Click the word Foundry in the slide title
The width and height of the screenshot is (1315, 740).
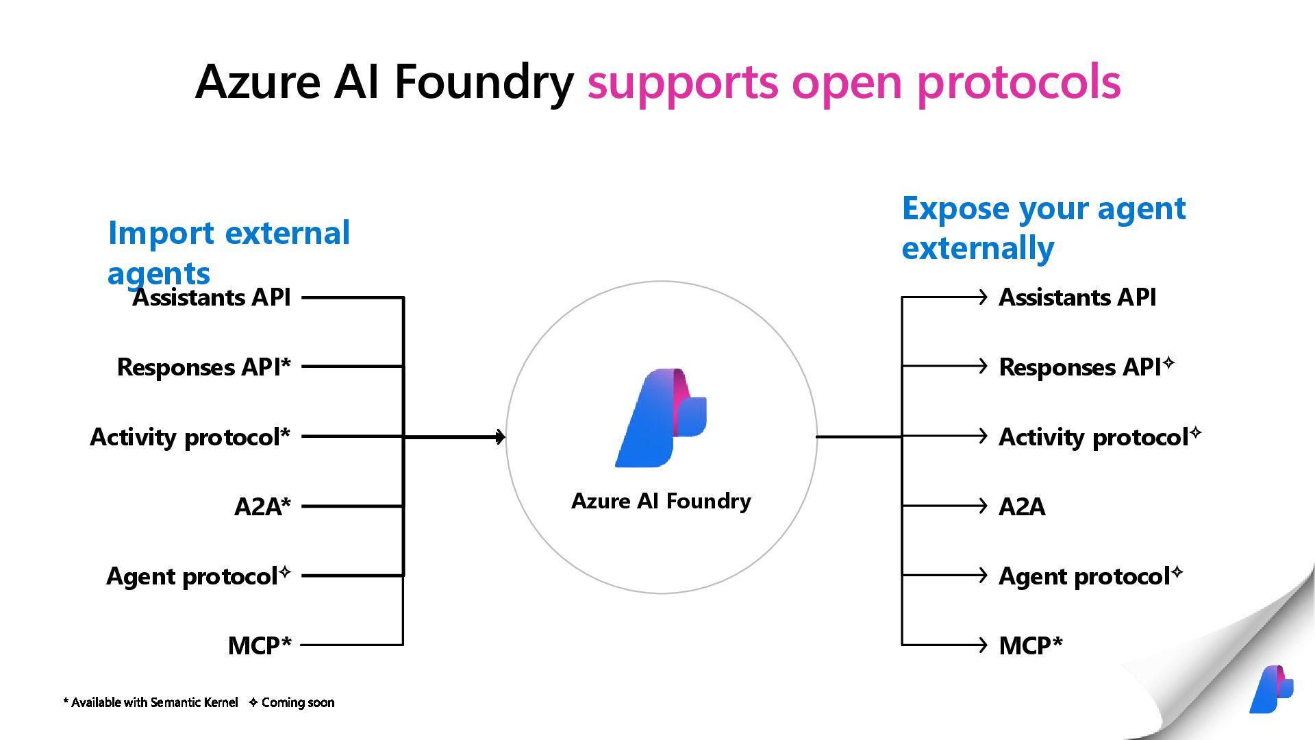pyautogui.click(x=484, y=82)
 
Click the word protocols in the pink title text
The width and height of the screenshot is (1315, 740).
pyautogui.click(x=1018, y=82)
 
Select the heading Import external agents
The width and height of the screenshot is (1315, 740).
pyautogui.click(x=229, y=253)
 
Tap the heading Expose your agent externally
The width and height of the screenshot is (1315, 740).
pyautogui.click(x=1044, y=227)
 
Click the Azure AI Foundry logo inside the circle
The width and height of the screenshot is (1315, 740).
pyautogui.click(x=661, y=418)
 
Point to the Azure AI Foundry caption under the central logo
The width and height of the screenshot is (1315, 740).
pyautogui.click(x=661, y=501)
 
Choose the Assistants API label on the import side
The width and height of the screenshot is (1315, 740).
pyautogui.click(x=212, y=297)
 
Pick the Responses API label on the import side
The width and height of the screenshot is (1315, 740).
pyautogui.click(x=204, y=367)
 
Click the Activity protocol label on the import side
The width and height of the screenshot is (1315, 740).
pyautogui.click(x=190, y=437)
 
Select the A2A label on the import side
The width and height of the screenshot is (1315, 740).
pyautogui.click(x=262, y=506)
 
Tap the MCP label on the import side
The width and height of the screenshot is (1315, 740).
pyautogui.click(x=260, y=645)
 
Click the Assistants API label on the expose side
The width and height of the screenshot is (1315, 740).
pyautogui.click(x=1077, y=297)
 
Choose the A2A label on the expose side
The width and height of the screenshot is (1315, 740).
pyautogui.click(x=1022, y=506)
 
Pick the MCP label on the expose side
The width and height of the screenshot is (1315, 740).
pyautogui.click(x=1031, y=645)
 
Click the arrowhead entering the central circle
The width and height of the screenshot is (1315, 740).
pyautogui.click(x=501, y=436)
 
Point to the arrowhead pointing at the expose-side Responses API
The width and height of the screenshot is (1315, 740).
pyautogui.click(x=983, y=366)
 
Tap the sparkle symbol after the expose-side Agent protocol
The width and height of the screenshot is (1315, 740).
pyautogui.click(x=1177, y=571)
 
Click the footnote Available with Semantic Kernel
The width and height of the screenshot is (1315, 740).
pyautogui.click(x=151, y=702)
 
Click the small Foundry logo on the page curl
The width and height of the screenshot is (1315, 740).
pyautogui.click(x=1271, y=689)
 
